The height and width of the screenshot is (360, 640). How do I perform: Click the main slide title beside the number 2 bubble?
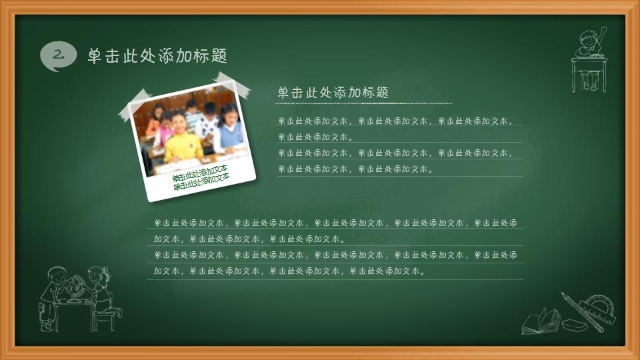point(157,56)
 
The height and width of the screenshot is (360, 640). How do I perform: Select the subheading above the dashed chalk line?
point(333,92)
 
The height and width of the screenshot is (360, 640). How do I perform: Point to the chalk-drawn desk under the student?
point(589,70)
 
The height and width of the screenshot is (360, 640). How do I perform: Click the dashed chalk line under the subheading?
point(364,103)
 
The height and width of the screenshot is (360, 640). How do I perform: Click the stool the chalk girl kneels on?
point(104,319)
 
